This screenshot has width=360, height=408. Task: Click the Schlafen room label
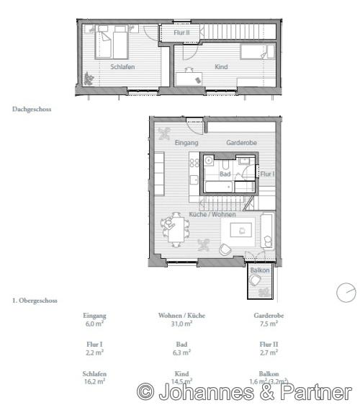coord(123,66)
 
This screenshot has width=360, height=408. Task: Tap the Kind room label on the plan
coord(221,66)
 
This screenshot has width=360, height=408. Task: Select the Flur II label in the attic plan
coord(181,32)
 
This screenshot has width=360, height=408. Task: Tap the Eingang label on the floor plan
coord(186,143)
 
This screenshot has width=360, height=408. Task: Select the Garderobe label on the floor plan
coord(238,143)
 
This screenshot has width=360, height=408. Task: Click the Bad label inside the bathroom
coord(225,174)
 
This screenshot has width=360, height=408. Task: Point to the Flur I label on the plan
coord(266,174)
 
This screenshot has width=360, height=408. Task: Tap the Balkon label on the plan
coord(260,270)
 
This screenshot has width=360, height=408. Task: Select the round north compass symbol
coord(346,292)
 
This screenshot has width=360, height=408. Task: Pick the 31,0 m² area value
coord(181,324)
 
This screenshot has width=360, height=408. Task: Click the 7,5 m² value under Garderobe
coord(266,324)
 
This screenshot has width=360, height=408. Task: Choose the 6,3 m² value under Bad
coord(181,352)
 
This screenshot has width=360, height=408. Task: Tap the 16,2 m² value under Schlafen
coord(95,381)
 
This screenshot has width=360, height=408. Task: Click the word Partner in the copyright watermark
coord(315,392)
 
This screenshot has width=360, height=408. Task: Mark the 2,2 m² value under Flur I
coord(95,352)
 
